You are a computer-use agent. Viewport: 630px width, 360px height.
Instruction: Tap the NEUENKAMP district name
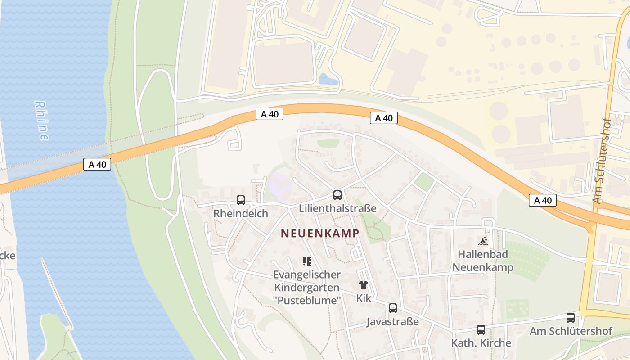320,233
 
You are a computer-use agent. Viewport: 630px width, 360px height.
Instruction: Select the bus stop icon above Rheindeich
241,200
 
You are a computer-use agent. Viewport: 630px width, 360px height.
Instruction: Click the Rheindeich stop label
241,213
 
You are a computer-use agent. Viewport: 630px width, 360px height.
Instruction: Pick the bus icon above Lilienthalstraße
337,195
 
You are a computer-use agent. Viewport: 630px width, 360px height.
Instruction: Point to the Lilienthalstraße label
337,208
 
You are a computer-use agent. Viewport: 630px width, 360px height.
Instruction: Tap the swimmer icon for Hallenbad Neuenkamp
482,241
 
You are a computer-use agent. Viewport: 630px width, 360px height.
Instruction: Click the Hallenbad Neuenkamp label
482,261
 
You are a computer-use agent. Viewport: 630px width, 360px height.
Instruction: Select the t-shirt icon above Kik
364,285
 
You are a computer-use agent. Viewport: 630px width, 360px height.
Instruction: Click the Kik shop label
364,298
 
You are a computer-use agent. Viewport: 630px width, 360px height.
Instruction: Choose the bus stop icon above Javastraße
393,308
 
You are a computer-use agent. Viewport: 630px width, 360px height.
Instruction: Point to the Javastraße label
393,321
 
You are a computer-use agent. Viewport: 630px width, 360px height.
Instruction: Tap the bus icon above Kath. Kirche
481,330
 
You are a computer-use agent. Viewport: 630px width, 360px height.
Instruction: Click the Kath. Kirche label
481,343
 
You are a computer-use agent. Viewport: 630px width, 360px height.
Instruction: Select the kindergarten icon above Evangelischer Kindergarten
307,261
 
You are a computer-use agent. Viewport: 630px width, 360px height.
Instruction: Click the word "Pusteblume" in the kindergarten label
307,300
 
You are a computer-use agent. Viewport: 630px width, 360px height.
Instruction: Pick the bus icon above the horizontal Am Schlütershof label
571,318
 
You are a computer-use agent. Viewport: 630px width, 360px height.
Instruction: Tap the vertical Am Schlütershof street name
602,161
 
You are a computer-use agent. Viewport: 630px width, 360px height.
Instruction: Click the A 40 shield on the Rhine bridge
98,165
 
